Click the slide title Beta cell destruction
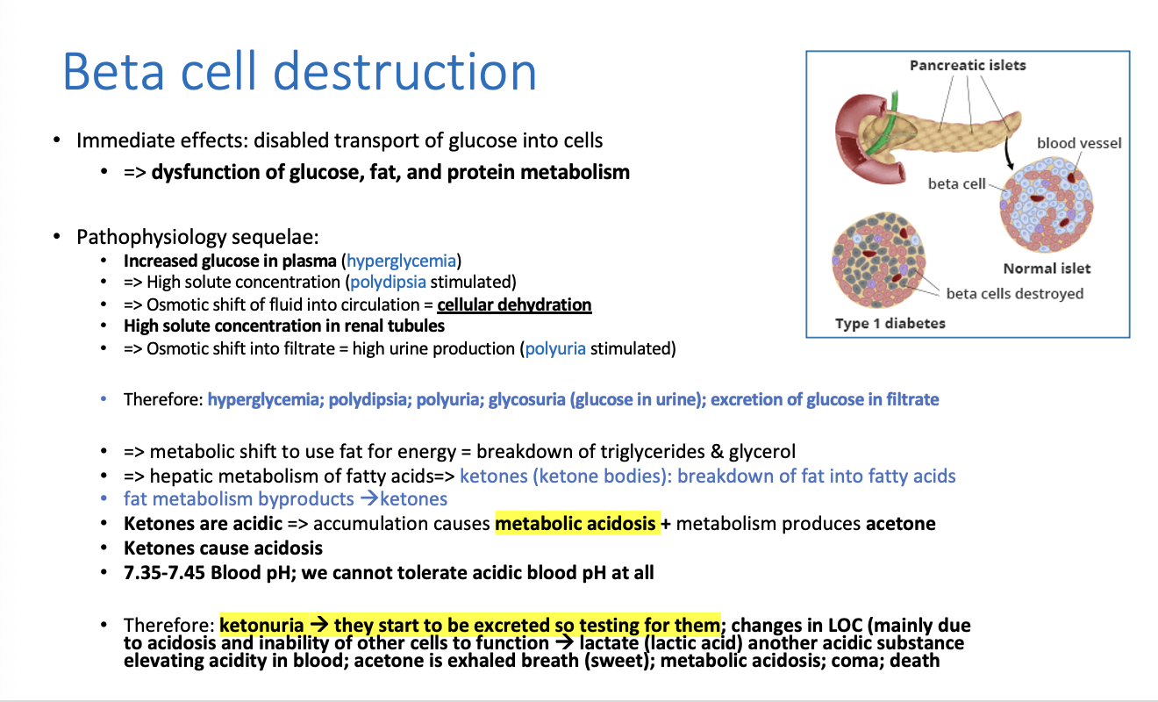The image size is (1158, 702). (x=299, y=72)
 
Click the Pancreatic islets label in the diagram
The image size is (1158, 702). (x=968, y=65)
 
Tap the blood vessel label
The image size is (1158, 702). (x=1078, y=143)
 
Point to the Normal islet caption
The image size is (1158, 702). (x=1047, y=269)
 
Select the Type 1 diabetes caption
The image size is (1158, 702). (x=890, y=324)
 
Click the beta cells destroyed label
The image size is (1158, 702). (x=1015, y=294)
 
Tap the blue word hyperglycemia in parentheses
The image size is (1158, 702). (x=402, y=261)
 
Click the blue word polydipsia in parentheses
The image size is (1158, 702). (x=388, y=283)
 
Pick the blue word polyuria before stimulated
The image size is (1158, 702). (x=555, y=348)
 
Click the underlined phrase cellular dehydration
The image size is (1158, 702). (x=514, y=304)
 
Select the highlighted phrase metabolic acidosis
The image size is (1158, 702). (x=575, y=524)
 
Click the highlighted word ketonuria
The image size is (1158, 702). (x=261, y=625)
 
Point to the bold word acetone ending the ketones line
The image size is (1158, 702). (x=900, y=524)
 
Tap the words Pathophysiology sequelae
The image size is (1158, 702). (x=197, y=238)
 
